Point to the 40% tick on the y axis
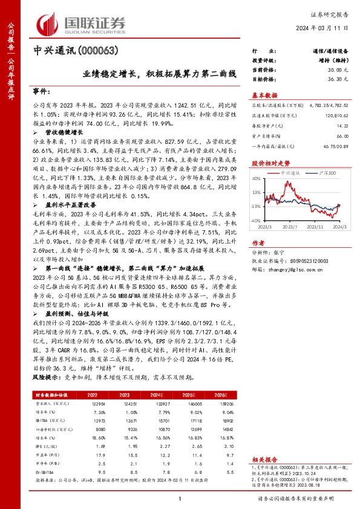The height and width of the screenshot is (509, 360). (256, 178)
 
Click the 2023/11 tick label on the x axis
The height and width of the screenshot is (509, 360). (314, 227)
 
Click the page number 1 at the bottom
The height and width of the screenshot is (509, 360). (180, 499)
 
